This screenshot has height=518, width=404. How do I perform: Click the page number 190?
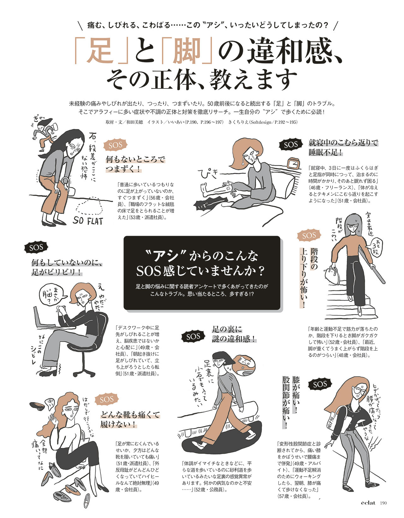point(383,503)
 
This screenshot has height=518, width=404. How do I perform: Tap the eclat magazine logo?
point(368,503)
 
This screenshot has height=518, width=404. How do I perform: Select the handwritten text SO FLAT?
point(88,220)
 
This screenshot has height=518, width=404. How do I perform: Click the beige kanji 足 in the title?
point(101,51)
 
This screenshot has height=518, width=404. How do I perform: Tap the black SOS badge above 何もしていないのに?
point(36,248)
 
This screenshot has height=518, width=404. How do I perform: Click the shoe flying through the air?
point(38,406)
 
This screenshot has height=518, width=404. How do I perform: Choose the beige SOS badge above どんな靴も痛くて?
point(107,400)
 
